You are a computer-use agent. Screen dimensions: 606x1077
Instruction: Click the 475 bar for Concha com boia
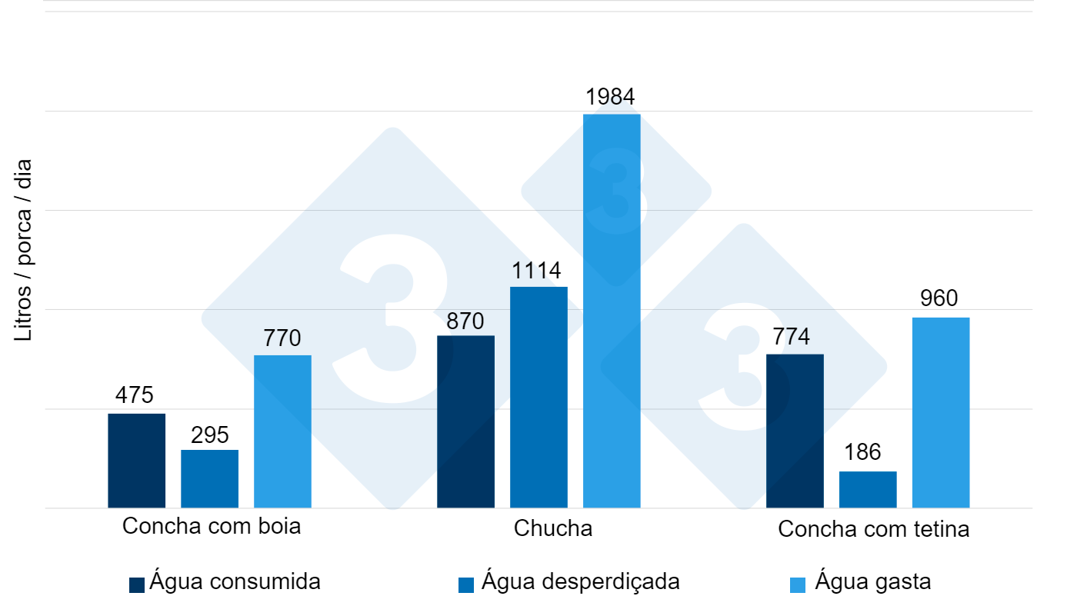coord(136,461)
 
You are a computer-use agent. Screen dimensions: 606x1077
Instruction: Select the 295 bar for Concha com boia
coord(209,478)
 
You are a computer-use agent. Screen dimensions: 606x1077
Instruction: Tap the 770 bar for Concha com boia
coord(282,431)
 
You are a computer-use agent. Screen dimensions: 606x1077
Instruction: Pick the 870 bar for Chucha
coord(465,421)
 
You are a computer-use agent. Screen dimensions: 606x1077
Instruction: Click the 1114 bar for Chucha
coord(538,397)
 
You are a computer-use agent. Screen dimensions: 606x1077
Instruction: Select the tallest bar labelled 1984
coord(612,311)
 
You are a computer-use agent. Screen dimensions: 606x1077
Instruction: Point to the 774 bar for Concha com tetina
coord(795,431)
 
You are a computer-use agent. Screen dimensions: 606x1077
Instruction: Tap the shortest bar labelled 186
coord(868,489)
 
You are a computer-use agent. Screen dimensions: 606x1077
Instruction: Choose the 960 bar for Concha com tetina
coord(941,412)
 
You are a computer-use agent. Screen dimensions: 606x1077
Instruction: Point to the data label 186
coord(862,452)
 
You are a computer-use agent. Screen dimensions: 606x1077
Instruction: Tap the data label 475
coord(135,395)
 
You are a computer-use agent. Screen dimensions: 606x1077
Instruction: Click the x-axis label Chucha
coord(553,529)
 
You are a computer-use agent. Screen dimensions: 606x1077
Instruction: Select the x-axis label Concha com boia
coord(212,527)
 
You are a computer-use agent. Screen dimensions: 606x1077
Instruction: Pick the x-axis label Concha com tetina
coord(874,529)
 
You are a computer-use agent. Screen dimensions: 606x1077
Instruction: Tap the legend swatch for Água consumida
coord(137,584)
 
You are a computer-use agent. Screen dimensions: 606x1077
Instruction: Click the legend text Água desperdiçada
coord(581,581)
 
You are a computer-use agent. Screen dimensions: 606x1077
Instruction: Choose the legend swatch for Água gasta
coord(798,584)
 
